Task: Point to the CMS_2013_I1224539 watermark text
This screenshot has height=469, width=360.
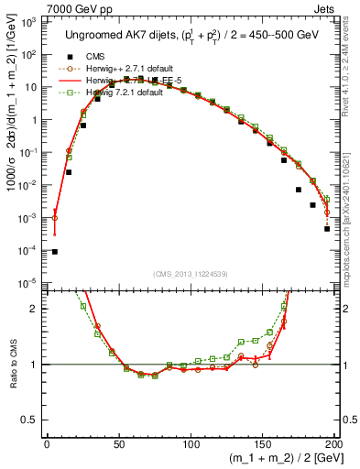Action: coord(190,273)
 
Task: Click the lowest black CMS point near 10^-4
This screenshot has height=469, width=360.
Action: coord(54,252)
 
